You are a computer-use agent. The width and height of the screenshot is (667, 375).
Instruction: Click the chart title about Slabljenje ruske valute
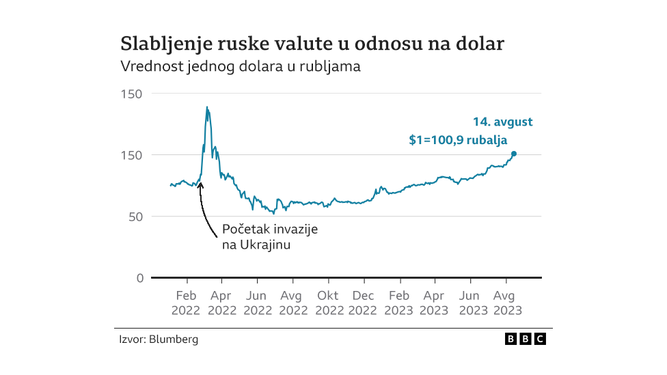coord(312,44)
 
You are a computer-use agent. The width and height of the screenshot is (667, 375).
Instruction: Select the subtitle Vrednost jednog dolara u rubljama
coord(240,67)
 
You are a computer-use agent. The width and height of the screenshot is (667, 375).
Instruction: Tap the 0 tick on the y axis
coord(139,278)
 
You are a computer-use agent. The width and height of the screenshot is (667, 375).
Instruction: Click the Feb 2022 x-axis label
coord(186,303)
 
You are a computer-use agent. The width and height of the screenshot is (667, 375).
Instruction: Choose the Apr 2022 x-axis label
coord(221,303)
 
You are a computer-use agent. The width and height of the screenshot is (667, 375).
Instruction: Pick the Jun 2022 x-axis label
coord(257,303)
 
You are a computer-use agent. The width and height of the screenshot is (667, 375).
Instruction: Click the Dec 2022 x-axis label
coord(364,303)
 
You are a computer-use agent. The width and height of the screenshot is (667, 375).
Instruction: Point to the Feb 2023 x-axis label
coord(399,303)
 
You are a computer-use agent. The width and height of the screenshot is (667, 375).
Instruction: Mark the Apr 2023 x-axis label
coord(435,303)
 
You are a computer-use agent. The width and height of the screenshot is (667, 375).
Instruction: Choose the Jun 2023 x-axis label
coord(470,303)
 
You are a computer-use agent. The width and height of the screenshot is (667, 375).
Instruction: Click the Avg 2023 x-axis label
coord(506,303)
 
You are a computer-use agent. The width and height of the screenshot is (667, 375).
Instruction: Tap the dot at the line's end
coord(514,154)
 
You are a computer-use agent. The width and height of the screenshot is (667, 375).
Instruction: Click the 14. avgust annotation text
coord(502,122)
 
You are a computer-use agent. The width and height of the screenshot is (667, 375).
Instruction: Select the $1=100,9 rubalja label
coord(458,140)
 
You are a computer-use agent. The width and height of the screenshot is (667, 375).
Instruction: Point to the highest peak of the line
coord(207,107)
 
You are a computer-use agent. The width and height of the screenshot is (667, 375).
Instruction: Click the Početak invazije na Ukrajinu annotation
coord(270,237)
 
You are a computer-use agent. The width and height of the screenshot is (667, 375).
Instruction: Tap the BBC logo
coord(525,339)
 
